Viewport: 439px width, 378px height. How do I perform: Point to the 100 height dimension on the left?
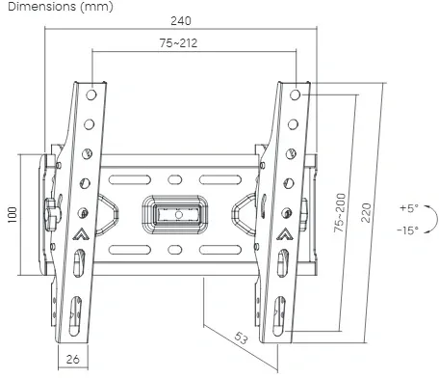point(13,212)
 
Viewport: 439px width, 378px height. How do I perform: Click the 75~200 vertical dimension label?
point(340,213)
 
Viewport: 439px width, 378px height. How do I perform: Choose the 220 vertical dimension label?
point(366,212)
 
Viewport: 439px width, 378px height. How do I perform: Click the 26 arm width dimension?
point(72,360)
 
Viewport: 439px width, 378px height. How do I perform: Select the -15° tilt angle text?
point(407,229)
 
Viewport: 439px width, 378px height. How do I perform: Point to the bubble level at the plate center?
point(175,211)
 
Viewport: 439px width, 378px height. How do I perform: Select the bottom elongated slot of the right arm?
point(279,312)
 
